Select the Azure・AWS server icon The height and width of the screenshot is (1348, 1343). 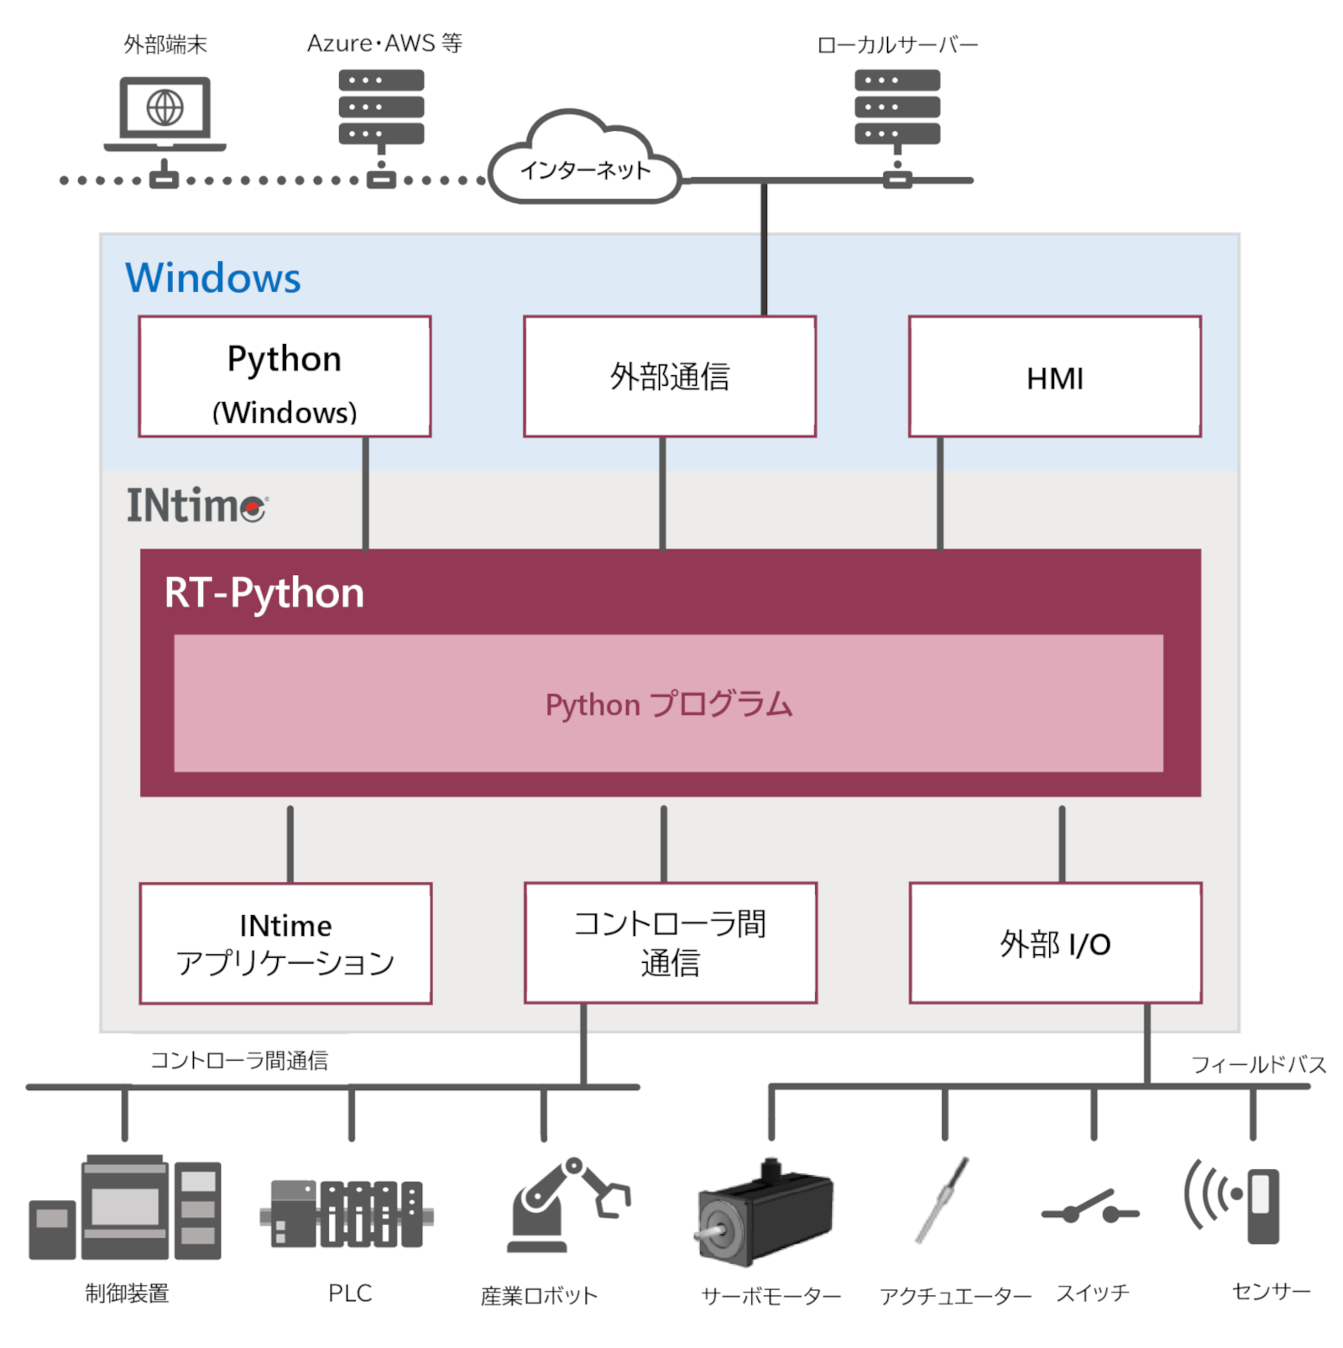381,107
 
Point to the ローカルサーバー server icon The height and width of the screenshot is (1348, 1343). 896,107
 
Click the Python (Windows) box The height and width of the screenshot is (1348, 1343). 285,377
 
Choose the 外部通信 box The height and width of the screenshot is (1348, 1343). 669,377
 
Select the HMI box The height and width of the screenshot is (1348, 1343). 1054,377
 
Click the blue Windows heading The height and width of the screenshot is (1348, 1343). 212,278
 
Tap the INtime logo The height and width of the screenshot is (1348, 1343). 196,505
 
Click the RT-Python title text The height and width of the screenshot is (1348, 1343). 264,593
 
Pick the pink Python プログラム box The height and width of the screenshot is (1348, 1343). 668,703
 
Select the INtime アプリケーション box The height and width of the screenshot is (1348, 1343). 285,943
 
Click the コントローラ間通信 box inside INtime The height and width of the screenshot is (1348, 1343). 670,943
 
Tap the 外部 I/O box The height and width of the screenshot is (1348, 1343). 1055,943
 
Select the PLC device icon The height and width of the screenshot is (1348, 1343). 347,1214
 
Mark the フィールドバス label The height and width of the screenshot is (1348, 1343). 1258,1064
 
